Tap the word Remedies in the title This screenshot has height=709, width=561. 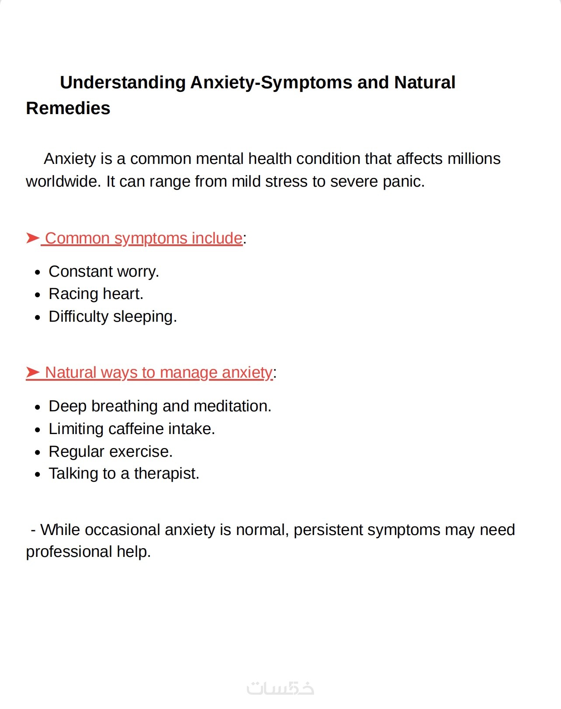click(x=68, y=108)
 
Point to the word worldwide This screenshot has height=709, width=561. click(x=63, y=181)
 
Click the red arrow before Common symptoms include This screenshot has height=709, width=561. click(x=33, y=238)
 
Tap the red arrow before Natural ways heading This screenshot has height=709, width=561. click(x=33, y=372)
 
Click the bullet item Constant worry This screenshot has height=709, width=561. click(x=104, y=271)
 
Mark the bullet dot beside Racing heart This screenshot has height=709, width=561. click(x=38, y=295)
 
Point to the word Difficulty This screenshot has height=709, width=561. click(x=78, y=316)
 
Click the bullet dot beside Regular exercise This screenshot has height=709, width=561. click(x=38, y=452)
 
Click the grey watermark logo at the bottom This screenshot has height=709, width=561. click(x=280, y=688)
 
